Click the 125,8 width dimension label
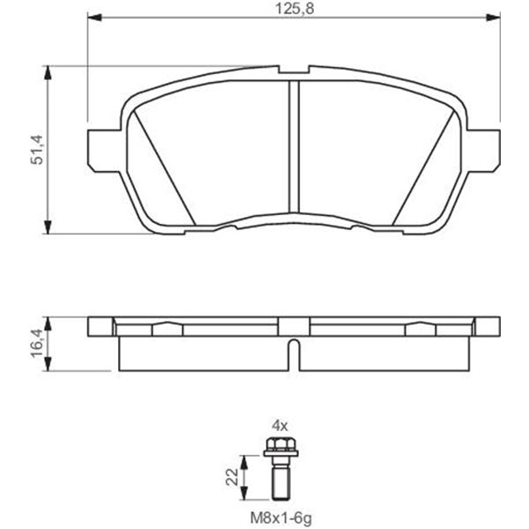(294, 9)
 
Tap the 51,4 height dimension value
(37, 150)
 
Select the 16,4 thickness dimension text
(37, 344)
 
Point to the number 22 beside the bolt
(232, 477)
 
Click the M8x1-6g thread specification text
(280, 518)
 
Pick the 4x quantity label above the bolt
(280, 427)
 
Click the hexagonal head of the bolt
(280, 444)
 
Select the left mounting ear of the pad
(105, 151)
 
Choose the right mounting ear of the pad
(483, 151)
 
